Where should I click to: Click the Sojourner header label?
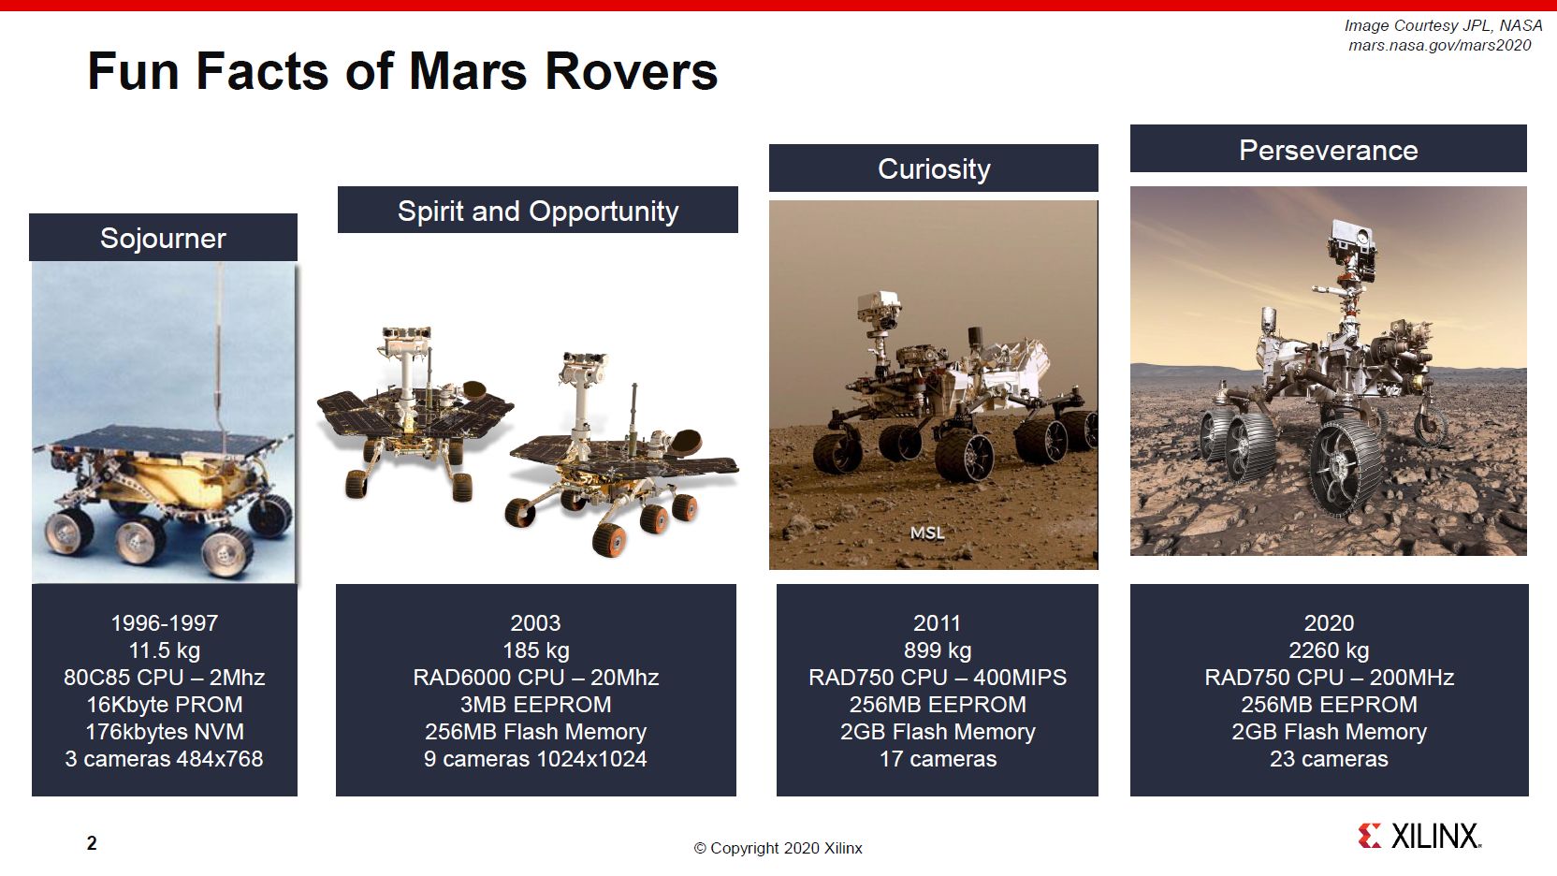[x=163, y=238]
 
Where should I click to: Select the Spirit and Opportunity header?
[x=537, y=211]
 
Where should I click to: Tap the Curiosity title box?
[x=933, y=168]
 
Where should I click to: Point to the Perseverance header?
[x=1328, y=150]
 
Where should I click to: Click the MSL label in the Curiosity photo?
[x=927, y=533]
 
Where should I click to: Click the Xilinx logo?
[x=1419, y=836]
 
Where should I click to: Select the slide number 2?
[x=92, y=843]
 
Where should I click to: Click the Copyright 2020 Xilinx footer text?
[x=778, y=848]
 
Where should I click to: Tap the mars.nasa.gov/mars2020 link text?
[x=1439, y=45]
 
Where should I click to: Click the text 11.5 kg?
[x=164, y=650]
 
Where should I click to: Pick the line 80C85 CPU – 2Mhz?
[x=164, y=678]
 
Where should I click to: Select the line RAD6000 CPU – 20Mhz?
[x=535, y=678]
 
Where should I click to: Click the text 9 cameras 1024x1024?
[x=535, y=759]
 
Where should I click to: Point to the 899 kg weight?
[x=938, y=650]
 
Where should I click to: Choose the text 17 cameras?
[x=938, y=759]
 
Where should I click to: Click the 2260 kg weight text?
[x=1329, y=650]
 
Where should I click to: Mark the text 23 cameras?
[x=1329, y=759]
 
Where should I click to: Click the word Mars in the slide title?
[x=468, y=71]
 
